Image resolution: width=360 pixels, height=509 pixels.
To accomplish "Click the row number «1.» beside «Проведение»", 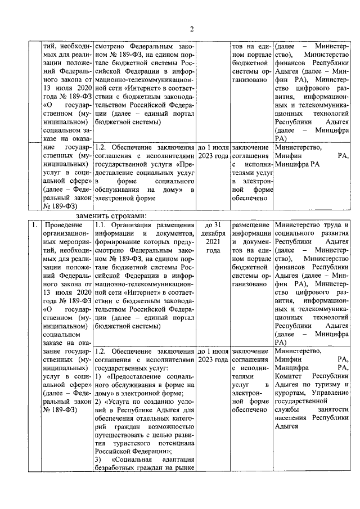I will click(35, 226).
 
